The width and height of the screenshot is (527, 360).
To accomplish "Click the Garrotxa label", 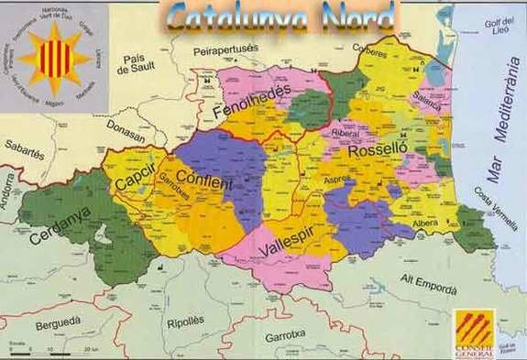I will coord(285,335).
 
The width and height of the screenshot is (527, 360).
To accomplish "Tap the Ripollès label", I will coord(186,322).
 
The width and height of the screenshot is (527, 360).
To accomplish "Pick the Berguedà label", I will coord(59,323).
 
